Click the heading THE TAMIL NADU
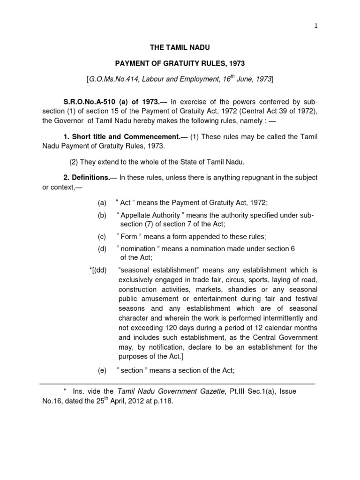coord(180,47)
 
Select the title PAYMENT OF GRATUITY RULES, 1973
coord(180,63)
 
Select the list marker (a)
coord(102,202)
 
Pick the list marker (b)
coord(102,215)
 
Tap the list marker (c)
coord(102,236)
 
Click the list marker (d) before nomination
coord(102,249)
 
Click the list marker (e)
coord(102,370)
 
